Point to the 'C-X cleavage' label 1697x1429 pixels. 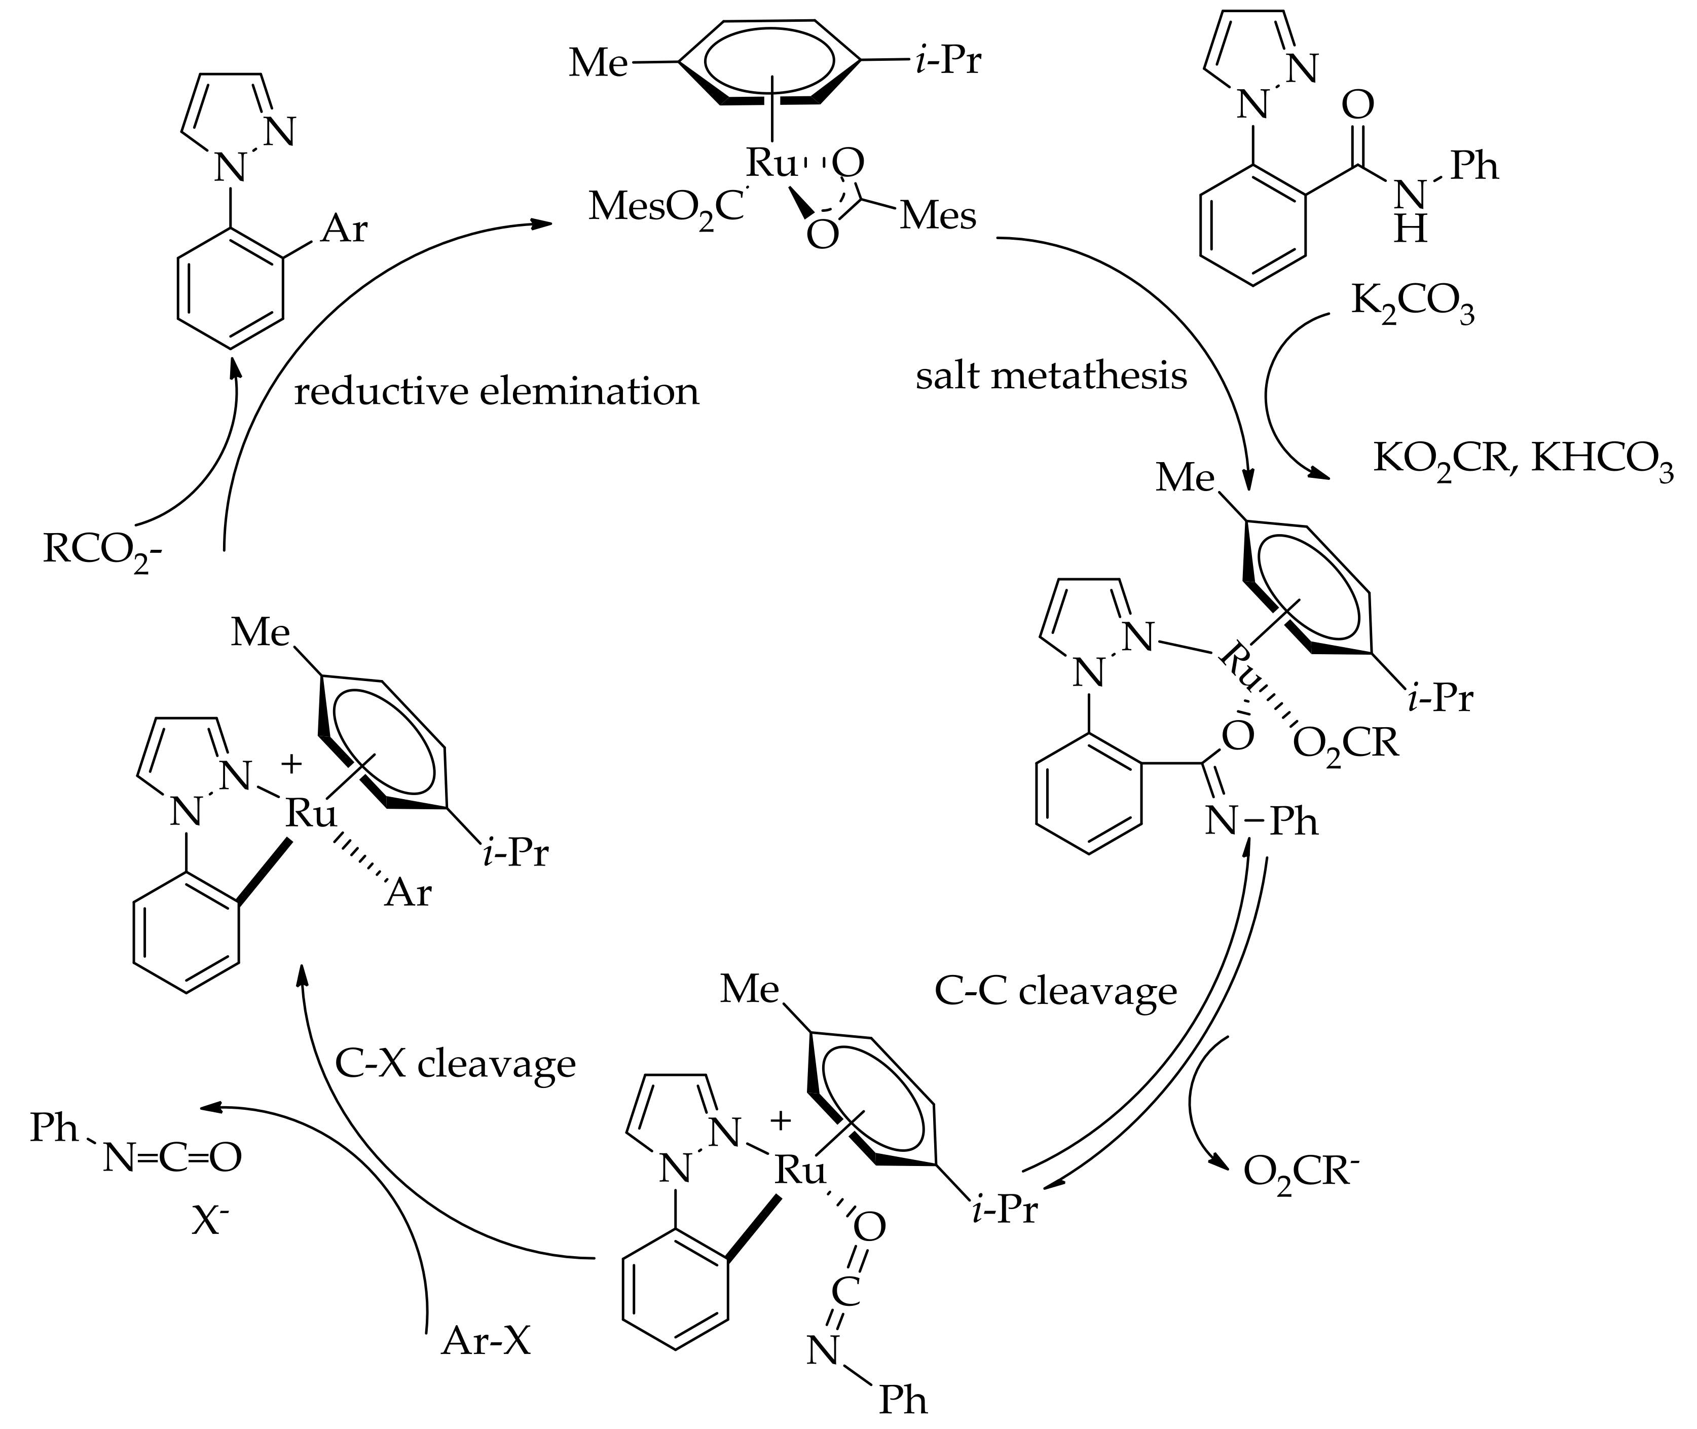456,1064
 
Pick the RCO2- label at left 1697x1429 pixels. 101,551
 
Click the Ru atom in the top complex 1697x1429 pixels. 771,164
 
